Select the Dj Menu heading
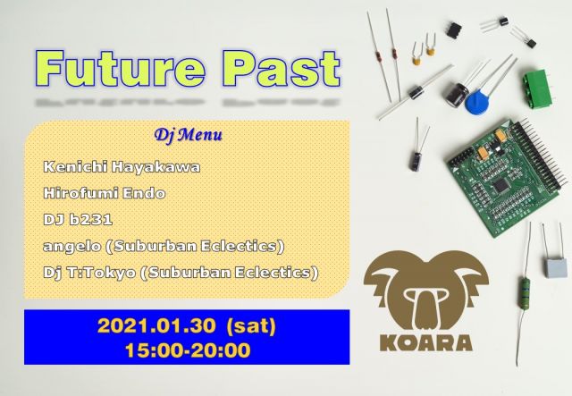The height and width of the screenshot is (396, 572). (188, 136)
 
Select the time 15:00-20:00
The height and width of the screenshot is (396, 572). (188, 350)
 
